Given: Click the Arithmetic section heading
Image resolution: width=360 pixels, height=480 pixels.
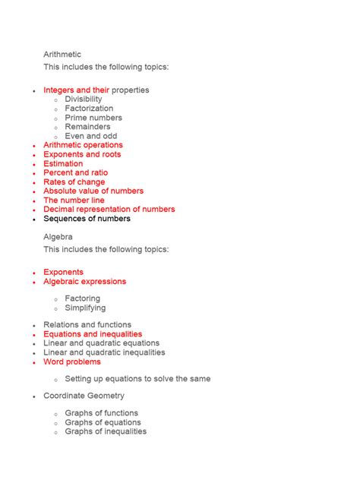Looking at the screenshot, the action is (x=62, y=55).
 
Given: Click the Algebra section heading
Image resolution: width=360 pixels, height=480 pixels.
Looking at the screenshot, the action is (x=58, y=237).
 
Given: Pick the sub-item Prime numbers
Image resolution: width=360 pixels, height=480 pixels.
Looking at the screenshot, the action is (x=93, y=118).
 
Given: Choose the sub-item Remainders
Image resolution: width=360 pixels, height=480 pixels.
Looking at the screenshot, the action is (x=87, y=127).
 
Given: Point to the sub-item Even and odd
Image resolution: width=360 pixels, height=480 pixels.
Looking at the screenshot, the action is (x=90, y=136).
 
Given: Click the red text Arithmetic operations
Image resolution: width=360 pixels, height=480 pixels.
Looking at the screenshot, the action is (x=83, y=145).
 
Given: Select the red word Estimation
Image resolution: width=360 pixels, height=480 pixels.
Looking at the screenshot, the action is (x=64, y=163).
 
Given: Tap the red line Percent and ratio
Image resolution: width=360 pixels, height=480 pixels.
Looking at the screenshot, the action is (x=76, y=172).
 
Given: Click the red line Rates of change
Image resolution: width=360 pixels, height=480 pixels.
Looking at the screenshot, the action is (x=74, y=182).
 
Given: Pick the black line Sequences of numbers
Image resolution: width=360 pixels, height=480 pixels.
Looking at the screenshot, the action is (x=87, y=219).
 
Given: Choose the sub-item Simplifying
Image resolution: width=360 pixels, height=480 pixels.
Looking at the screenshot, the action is (x=85, y=308).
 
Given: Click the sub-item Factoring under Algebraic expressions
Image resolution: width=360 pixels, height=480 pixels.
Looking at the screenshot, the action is (x=82, y=298).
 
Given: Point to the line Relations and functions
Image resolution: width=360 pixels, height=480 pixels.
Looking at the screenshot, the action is (x=87, y=325).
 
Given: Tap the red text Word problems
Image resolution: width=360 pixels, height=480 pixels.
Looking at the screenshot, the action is (x=72, y=362).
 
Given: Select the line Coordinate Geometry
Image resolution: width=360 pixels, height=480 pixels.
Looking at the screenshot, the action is (x=84, y=396).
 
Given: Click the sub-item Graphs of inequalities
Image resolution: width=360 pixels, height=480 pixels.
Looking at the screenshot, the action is (x=106, y=431).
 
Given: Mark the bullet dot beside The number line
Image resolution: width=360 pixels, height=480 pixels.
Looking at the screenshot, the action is (x=33, y=201).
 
